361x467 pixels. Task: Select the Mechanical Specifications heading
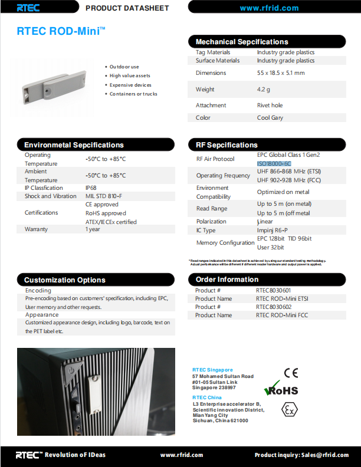[242, 42]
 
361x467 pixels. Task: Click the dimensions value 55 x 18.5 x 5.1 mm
[281, 73]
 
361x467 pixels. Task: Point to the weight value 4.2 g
[263, 90]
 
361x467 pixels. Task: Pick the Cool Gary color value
[270, 118]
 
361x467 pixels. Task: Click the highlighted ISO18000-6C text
[274, 163]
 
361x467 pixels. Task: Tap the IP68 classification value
[91, 188]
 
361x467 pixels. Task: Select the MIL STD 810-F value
[104, 196]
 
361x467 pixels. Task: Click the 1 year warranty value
[93, 229]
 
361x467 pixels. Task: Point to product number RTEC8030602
[273, 307]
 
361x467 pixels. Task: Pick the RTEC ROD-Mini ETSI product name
[282, 299]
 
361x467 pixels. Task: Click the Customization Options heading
[65, 280]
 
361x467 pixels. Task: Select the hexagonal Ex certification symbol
[289, 409]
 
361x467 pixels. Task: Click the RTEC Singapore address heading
[212, 370]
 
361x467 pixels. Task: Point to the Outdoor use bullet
[124, 67]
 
